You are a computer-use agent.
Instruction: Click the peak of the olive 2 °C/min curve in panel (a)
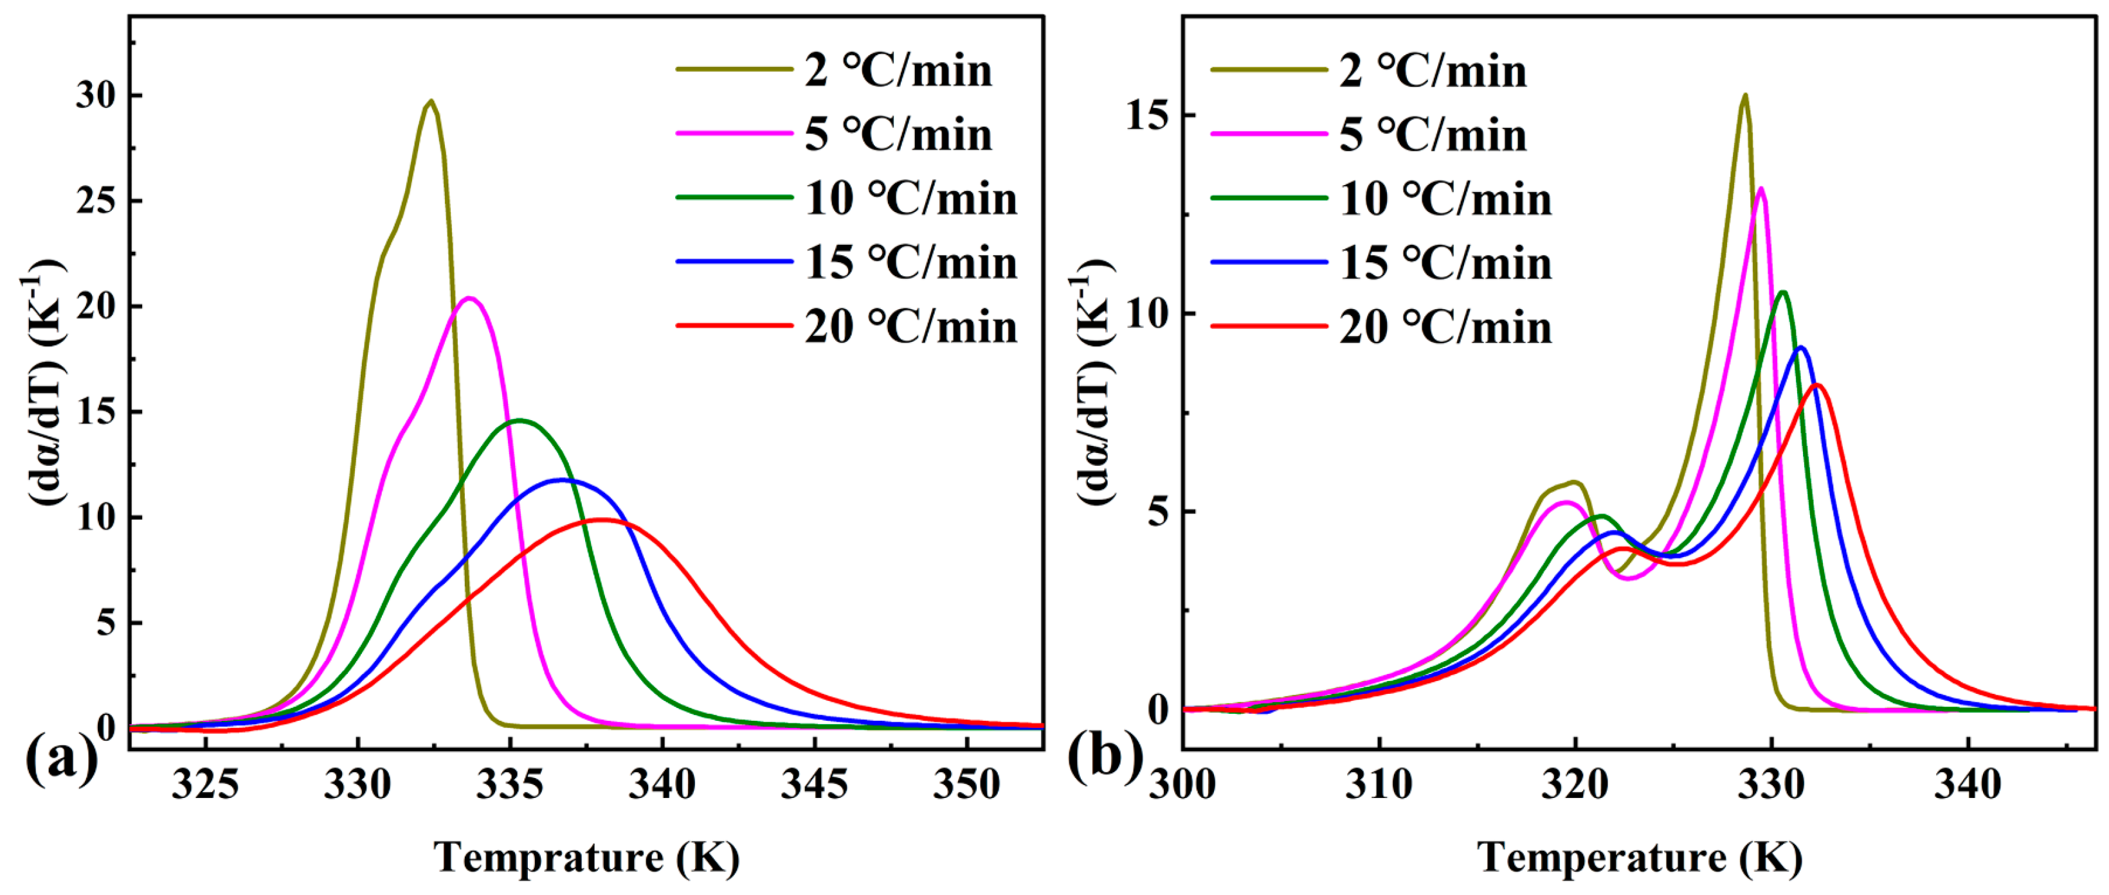[x=431, y=102]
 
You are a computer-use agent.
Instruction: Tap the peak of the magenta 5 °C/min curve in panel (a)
[x=469, y=299]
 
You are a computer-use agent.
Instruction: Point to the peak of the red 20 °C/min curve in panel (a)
[x=602, y=520]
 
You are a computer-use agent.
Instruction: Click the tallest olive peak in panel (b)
[x=1744, y=96]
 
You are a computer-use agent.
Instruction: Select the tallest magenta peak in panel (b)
[x=1761, y=189]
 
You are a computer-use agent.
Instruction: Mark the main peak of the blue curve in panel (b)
[x=1800, y=348]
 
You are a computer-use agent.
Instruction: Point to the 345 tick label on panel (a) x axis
[x=814, y=784]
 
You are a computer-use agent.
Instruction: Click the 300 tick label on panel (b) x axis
[x=1182, y=784]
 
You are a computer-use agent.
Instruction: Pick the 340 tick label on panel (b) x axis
[x=1968, y=784]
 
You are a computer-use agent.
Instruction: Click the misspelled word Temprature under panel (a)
[x=548, y=857]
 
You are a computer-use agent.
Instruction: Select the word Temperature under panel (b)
[x=1602, y=857]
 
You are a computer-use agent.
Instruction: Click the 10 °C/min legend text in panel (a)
[x=910, y=199]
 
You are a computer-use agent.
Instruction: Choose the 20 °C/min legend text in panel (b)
[x=1445, y=327]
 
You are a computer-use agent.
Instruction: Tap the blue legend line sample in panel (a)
[x=734, y=261]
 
